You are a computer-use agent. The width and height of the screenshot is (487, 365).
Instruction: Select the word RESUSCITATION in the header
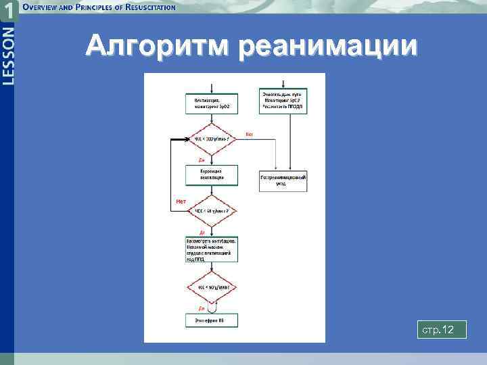145,7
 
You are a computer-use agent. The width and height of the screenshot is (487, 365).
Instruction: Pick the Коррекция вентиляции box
212,175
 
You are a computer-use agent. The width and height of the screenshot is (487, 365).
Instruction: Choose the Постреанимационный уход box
283,180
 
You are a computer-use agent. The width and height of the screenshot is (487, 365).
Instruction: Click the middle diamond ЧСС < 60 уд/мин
212,211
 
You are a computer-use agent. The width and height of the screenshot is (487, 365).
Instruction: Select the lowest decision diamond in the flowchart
212,287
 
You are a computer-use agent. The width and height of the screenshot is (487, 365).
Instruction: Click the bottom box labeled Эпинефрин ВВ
212,320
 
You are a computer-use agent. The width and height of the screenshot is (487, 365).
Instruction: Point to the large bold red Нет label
181,201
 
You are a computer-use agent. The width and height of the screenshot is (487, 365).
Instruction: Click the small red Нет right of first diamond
248,134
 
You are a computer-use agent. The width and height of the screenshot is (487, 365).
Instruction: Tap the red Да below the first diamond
202,160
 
